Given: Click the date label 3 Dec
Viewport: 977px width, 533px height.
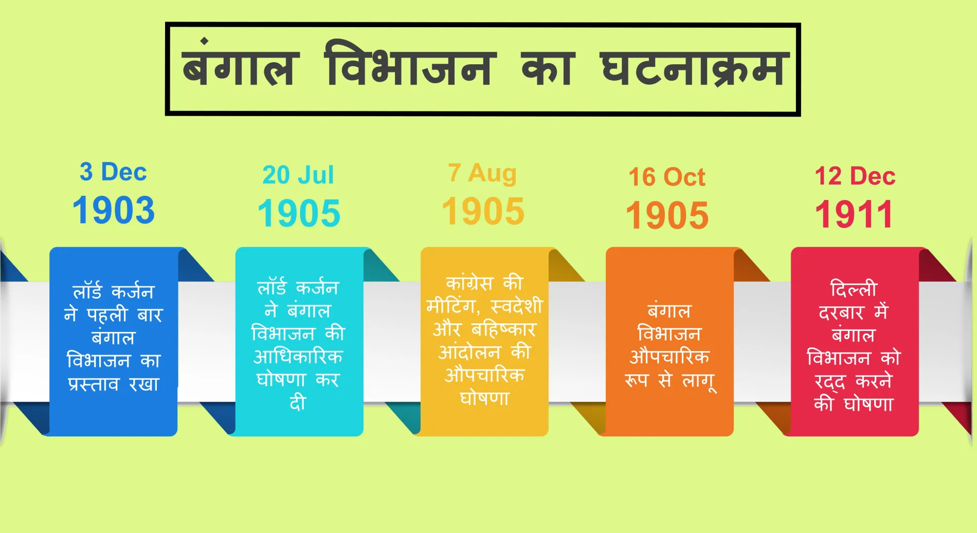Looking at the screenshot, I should coord(113,172).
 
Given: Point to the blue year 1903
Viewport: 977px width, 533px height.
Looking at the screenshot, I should coord(113,210).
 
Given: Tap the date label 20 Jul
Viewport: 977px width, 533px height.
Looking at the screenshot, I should coord(298,175).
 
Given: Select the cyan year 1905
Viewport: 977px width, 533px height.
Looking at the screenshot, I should coord(299,213).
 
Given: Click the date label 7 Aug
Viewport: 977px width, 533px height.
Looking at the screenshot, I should coord(482,173).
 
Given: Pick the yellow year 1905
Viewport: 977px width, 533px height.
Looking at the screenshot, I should coord(483,211).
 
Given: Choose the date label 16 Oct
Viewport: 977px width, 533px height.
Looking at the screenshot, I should coord(667,177).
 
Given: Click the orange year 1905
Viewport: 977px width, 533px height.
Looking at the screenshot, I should coord(667,215).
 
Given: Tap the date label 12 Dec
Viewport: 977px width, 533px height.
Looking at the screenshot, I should coord(855,176).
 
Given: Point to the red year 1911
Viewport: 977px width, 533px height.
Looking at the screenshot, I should coord(854,214).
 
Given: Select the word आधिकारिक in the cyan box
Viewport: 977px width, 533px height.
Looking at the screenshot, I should coord(298,357).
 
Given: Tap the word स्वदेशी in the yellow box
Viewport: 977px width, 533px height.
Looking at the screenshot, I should coord(516,306).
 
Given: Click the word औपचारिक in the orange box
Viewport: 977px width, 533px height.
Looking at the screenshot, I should coord(670,357).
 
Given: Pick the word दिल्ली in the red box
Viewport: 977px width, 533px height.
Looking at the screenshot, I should coord(854,289).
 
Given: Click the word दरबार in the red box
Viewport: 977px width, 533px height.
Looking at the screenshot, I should coord(841,313).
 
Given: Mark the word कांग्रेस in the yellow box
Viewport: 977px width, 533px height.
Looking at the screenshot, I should coord(469,284).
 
